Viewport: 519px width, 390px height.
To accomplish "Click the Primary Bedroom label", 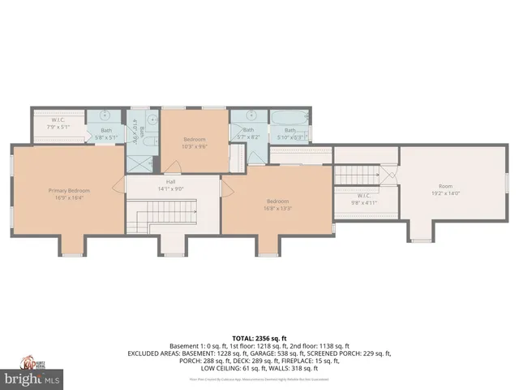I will coord(68,190).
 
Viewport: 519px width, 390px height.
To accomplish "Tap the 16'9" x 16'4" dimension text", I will coord(68,197).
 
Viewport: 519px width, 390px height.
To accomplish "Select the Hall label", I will coord(171,181).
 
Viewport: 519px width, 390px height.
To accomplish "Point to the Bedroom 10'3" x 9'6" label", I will coord(195,140).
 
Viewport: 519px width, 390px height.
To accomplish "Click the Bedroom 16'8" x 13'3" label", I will coord(278,201).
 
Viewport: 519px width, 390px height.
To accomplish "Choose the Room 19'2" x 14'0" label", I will coord(445,186).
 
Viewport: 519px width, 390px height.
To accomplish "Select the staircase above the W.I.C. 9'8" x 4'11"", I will coord(357,174).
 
